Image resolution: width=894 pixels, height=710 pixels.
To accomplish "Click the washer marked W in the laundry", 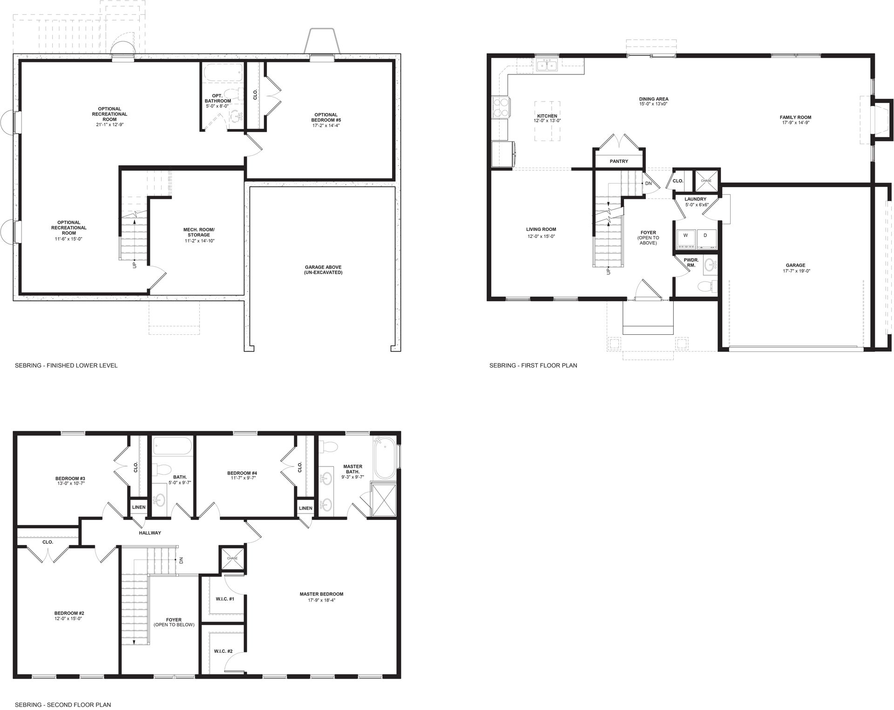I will pyautogui.click(x=685, y=236).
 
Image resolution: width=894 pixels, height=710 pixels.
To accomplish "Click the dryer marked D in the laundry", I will pyautogui.click(x=705, y=236).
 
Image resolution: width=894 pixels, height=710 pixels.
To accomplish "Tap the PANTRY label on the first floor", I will pyautogui.click(x=619, y=162).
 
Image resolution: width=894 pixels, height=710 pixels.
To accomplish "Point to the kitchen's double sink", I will pyautogui.click(x=547, y=65).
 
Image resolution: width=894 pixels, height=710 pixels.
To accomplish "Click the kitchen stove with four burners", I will pyautogui.click(x=500, y=108).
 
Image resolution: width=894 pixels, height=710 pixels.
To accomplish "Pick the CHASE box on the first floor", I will pyautogui.click(x=706, y=181).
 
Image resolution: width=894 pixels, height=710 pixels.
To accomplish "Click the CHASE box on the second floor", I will pyautogui.click(x=232, y=558).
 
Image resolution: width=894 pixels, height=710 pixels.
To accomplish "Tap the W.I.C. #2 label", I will pyautogui.click(x=223, y=651).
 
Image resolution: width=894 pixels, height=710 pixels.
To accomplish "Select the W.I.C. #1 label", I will pyautogui.click(x=224, y=599).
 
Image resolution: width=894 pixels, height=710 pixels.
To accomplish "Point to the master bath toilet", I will pyautogui.click(x=330, y=447).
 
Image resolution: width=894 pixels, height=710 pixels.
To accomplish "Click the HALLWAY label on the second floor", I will pyautogui.click(x=150, y=533).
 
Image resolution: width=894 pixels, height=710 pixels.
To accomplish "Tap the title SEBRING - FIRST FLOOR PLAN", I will pyautogui.click(x=533, y=365).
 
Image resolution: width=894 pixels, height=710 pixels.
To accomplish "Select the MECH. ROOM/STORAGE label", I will pyautogui.click(x=199, y=232).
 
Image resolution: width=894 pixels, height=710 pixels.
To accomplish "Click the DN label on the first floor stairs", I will pyautogui.click(x=648, y=183).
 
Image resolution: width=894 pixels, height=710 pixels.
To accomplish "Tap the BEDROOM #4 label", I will pyautogui.click(x=244, y=473).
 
